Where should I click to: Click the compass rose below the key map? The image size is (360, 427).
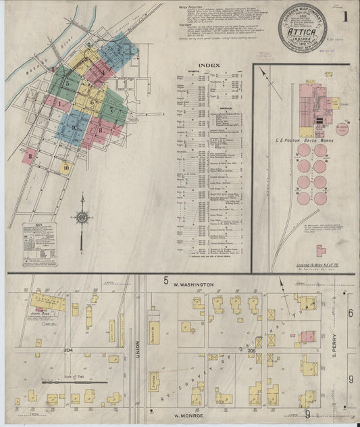[82, 218]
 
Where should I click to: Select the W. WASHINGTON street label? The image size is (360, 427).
[192, 285]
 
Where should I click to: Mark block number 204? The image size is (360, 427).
[68, 351]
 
